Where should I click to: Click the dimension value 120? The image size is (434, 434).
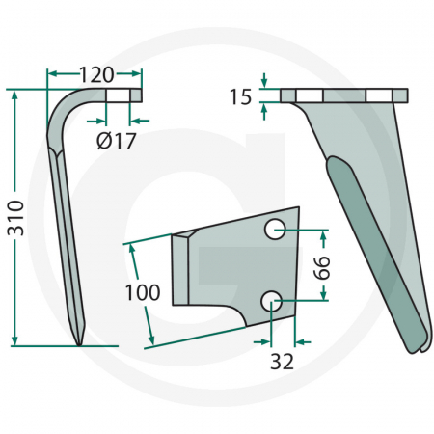click(96, 74)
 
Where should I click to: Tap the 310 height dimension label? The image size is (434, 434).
click(15, 218)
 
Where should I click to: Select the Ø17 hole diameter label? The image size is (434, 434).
click(117, 141)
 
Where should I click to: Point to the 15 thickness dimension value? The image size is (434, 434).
click(240, 96)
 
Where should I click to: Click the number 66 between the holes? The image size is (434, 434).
click(322, 267)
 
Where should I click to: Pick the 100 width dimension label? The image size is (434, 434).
click(143, 292)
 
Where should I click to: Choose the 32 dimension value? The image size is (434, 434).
click(282, 362)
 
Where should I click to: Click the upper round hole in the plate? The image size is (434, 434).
click(275, 230)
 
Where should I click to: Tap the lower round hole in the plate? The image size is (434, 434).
click(272, 301)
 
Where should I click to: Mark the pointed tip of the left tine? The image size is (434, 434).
click(79, 345)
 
